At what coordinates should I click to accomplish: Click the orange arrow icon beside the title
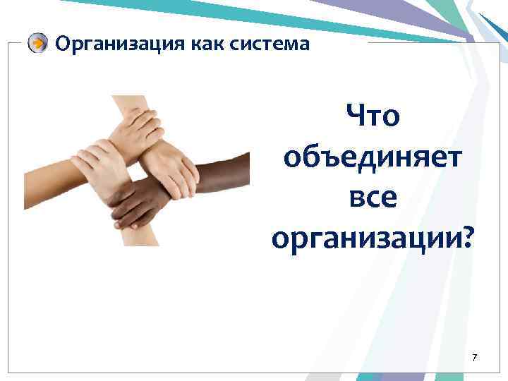coord(38,44)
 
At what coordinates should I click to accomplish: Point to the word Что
coord(373,116)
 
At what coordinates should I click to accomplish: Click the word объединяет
coord(373,157)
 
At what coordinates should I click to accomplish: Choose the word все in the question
coord(373,198)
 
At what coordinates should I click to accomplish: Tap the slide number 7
coord(475,358)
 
